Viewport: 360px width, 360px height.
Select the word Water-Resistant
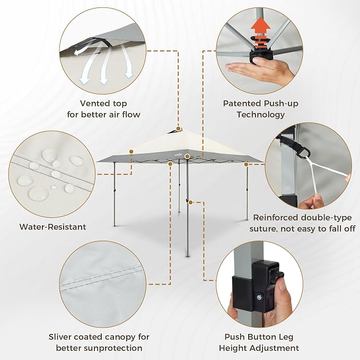pos(53,227)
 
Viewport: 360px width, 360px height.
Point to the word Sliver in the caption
pos(59,337)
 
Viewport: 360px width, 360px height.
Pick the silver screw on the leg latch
pos(259,298)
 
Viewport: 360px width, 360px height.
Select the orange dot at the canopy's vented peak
pos(178,128)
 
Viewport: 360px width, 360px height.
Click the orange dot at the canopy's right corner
pos(246,164)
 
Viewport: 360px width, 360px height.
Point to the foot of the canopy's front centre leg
pos(188,256)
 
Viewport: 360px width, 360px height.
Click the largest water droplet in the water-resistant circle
pos(39,193)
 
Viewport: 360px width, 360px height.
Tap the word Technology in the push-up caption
pos(260,115)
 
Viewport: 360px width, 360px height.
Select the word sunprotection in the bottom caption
pos(113,348)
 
